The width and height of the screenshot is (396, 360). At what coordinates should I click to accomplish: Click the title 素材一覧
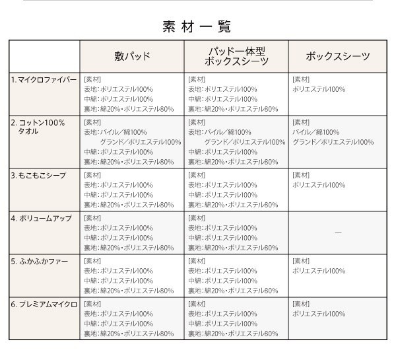click(x=197, y=27)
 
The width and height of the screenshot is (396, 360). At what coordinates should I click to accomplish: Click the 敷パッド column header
click(x=132, y=56)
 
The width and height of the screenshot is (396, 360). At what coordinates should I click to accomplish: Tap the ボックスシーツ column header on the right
click(x=338, y=56)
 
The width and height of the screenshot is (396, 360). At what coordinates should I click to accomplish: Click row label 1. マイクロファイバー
click(x=44, y=80)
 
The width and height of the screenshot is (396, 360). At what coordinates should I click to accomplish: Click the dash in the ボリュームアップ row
click(x=338, y=233)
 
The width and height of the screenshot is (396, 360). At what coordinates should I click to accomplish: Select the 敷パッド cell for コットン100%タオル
click(x=132, y=141)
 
